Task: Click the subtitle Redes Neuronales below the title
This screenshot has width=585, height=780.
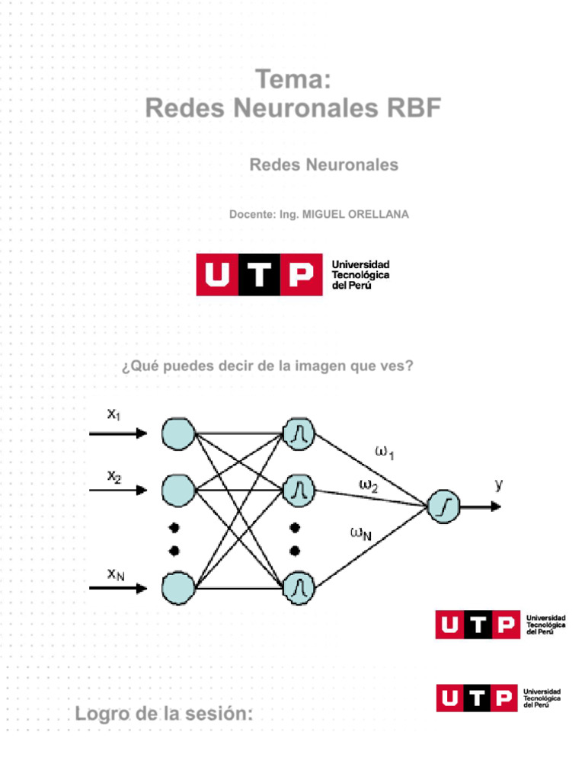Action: pyautogui.click(x=324, y=165)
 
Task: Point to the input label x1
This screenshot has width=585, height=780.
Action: pyautogui.click(x=113, y=415)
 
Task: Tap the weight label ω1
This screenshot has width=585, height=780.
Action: pyautogui.click(x=385, y=452)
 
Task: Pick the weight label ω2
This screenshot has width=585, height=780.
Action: pyautogui.click(x=368, y=485)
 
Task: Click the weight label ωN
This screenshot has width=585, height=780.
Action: pyautogui.click(x=360, y=533)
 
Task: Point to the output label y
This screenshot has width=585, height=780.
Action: pyautogui.click(x=498, y=484)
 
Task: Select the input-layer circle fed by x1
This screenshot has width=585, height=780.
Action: pyautogui.click(x=178, y=433)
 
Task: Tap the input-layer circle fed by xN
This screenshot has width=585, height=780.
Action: pyautogui.click(x=178, y=588)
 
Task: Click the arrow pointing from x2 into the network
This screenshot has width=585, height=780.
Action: pyautogui.click(x=118, y=491)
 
